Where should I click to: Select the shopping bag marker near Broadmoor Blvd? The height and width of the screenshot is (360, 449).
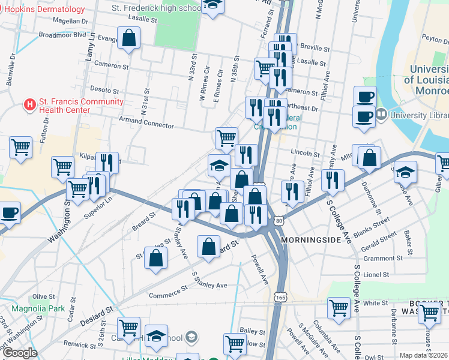(x=129, y=39)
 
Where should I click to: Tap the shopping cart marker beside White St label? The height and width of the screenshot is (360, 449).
(x=339, y=308)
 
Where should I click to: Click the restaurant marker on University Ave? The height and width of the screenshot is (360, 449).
(x=333, y=181)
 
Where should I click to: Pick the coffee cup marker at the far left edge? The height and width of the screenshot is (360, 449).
(x=10, y=212)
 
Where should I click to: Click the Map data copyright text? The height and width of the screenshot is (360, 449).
(x=424, y=355)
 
